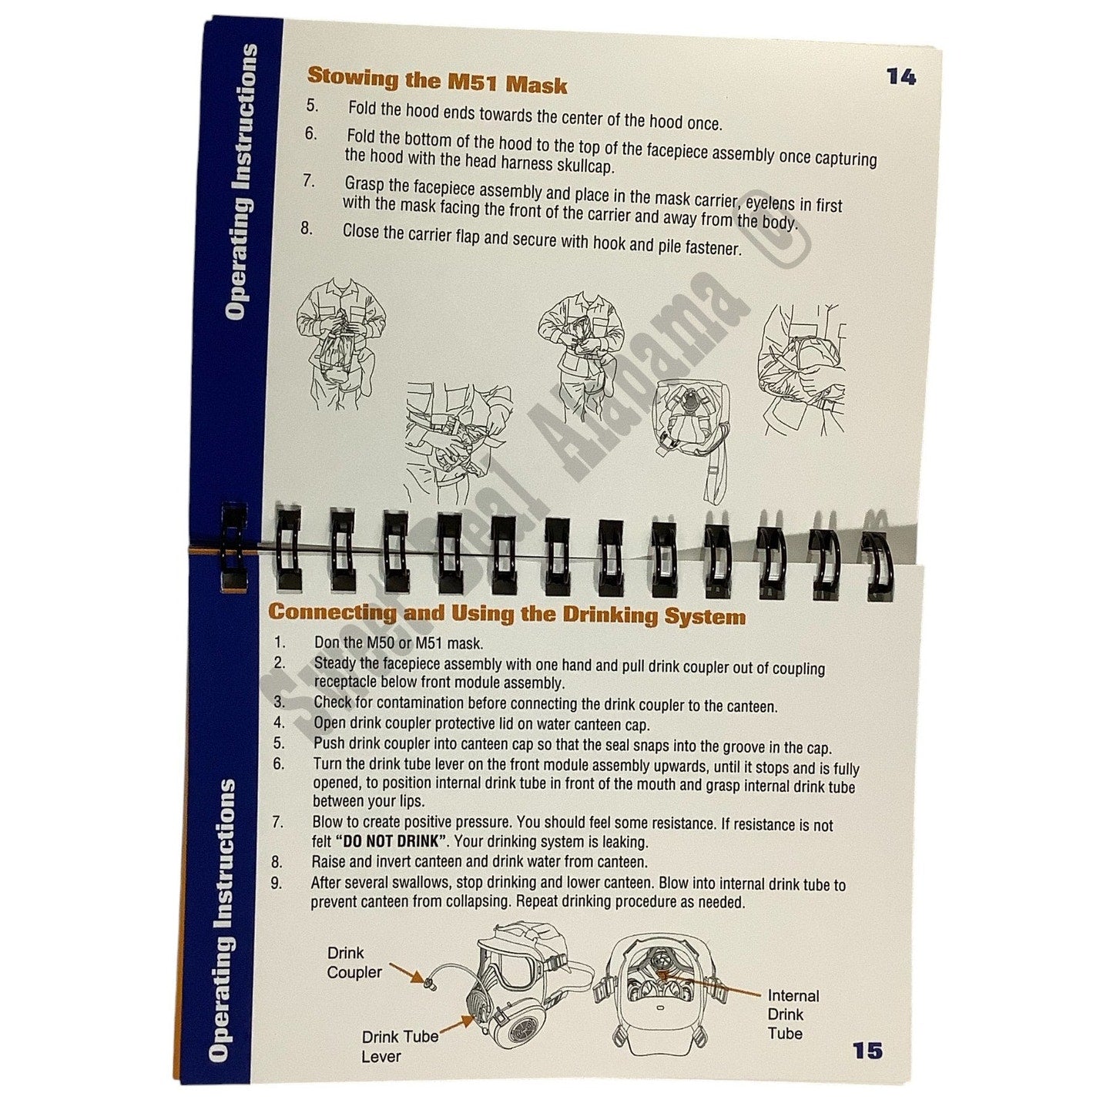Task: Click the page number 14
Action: click(x=900, y=77)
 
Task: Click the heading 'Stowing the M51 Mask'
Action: click(x=437, y=81)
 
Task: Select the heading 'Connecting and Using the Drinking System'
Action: click(x=506, y=614)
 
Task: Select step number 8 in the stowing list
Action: click(x=307, y=228)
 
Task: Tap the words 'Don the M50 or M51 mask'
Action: click(x=399, y=643)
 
